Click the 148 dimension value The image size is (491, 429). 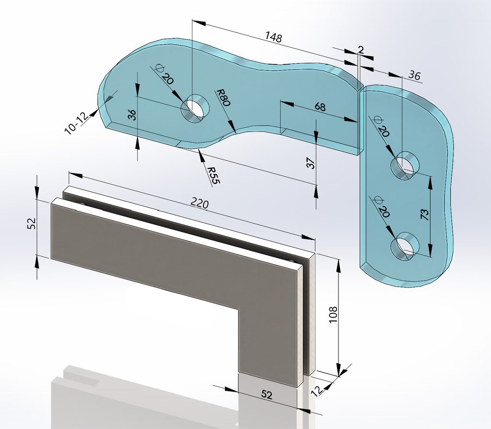pyautogui.click(x=274, y=37)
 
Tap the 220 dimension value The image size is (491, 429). pyautogui.click(x=199, y=204)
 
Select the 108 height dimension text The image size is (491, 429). pyautogui.click(x=333, y=314)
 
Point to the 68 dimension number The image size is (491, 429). pyautogui.click(x=320, y=107)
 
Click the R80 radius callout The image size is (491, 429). pyautogui.click(x=223, y=98)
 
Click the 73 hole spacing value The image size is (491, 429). pyautogui.click(x=424, y=214)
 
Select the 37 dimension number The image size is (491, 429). pyautogui.click(x=310, y=163)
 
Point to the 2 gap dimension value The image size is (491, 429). pyautogui.click(x=361, y=50)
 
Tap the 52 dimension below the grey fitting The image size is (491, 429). pyautogui.click(x=267, y=394)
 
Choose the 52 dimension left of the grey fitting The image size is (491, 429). pyautogui.click(x=32, y=224)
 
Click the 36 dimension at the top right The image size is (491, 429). pyautogui.click(x=415, y=75)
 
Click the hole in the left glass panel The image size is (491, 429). pyautogui.click(x=196, y=108)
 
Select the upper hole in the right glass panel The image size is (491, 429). pyautogui.click(x=405, y=166)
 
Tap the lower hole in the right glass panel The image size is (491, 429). pyautogui.click(x=405, y=246)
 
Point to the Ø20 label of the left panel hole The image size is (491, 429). pyautogui.click(x=164, y=74)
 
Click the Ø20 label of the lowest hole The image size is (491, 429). pyautogui.click(x=380, y=207)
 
